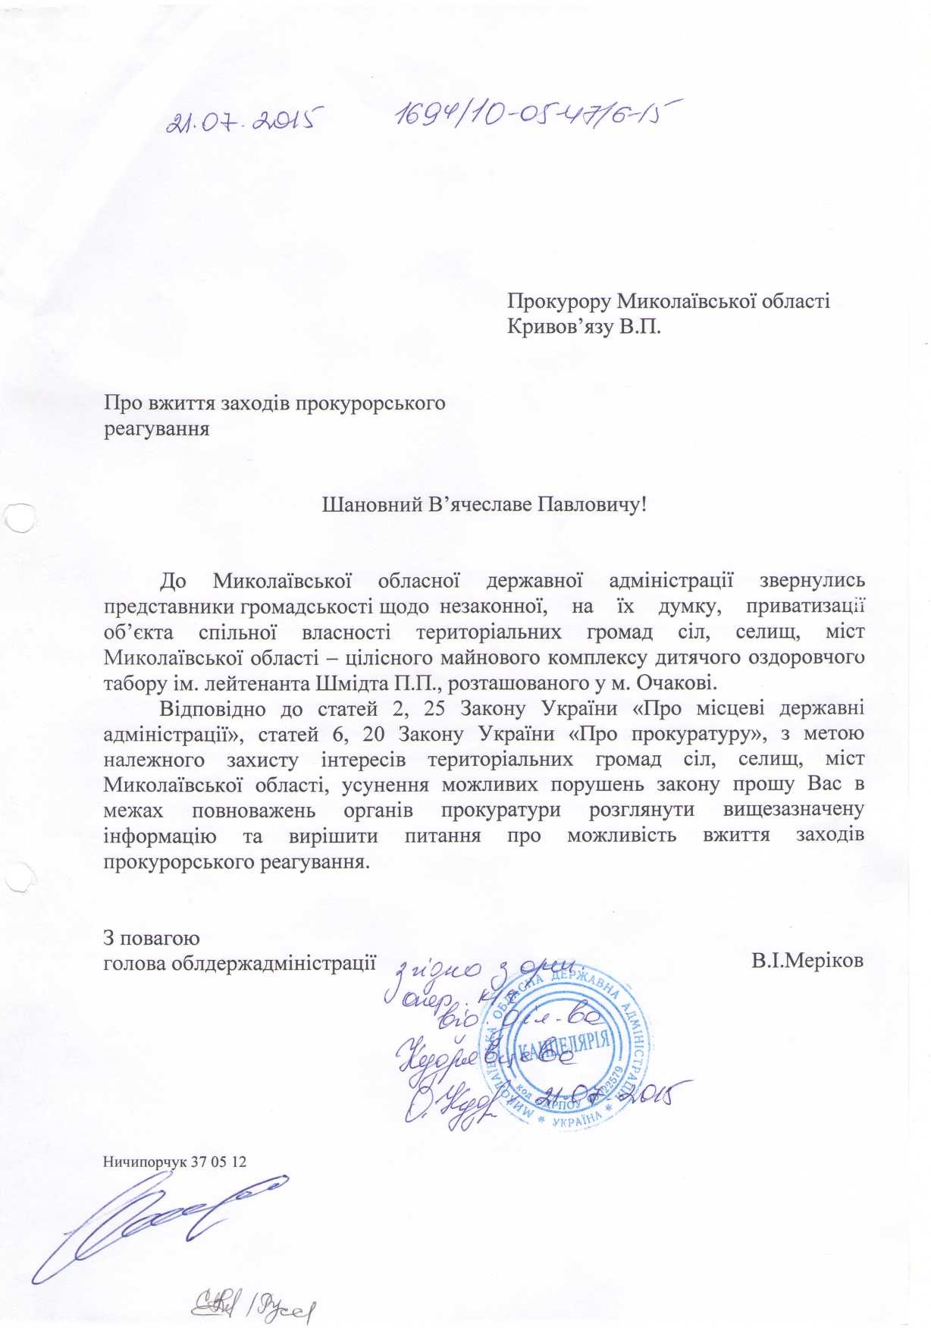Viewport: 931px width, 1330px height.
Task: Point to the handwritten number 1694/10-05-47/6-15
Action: point(534,114)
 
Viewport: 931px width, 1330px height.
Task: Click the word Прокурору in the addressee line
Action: point(557,302)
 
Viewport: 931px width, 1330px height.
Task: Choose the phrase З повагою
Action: point(151,938)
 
